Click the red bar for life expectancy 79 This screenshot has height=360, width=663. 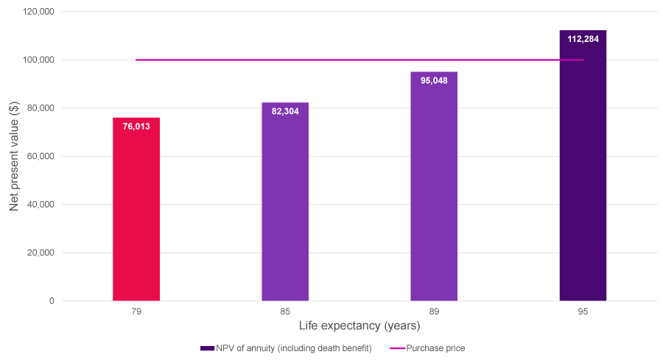coord(136,209)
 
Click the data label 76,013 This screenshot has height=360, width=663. coord(136,126)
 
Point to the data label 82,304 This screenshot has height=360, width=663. coord(285,111)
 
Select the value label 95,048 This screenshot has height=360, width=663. coord(434,80)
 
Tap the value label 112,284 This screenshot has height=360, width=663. coord(583,39)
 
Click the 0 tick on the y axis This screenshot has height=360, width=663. coord(52,301)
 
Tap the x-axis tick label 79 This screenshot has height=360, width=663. coord(136,312)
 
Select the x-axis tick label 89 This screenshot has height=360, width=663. coord(434,312)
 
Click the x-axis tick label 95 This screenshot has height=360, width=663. coord(583,312)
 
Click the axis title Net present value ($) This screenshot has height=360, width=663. coord(14,156)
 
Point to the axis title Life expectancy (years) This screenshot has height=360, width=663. coord(359,325)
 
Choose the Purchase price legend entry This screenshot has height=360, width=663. coord(438,347)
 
